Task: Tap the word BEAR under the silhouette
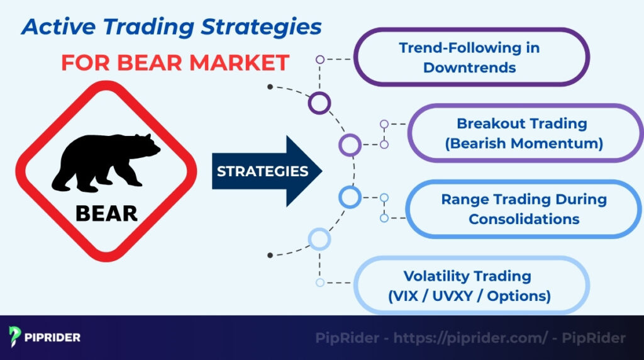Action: point(106,213)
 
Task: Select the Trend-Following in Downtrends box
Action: point(470,57)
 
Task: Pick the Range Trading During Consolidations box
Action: point(523,210)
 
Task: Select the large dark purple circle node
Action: point(319,103)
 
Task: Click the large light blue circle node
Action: point(319,239)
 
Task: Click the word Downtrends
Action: point(470,67)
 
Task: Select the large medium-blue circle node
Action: point(350,198)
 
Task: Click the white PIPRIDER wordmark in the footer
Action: point(53,337)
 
